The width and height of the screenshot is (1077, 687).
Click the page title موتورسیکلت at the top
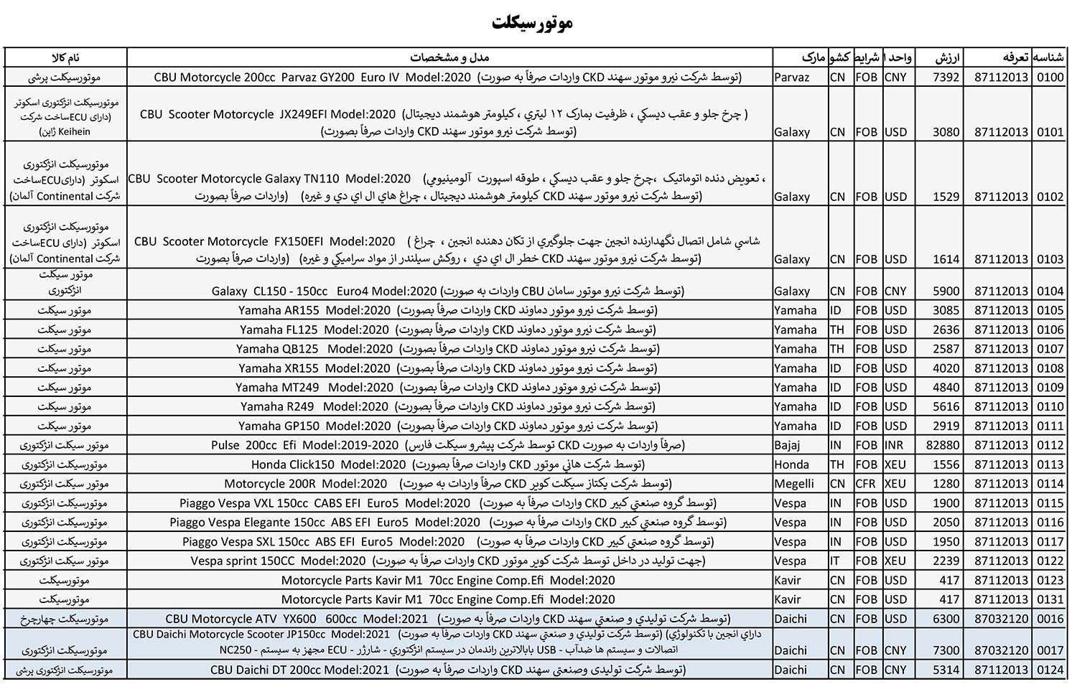[532, 24]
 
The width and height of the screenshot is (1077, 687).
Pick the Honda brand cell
[791, 464]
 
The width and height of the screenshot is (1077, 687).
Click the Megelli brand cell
[794, 484]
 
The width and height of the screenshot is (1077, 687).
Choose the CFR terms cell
[865, 484]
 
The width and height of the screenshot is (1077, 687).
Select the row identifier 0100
[1050, 77]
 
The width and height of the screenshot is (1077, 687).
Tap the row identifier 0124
[1050, 670]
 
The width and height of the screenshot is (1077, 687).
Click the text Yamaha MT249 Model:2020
[314, 388]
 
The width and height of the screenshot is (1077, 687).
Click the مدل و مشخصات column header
[449, 57]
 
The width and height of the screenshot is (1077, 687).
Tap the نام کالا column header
[65, 57]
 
